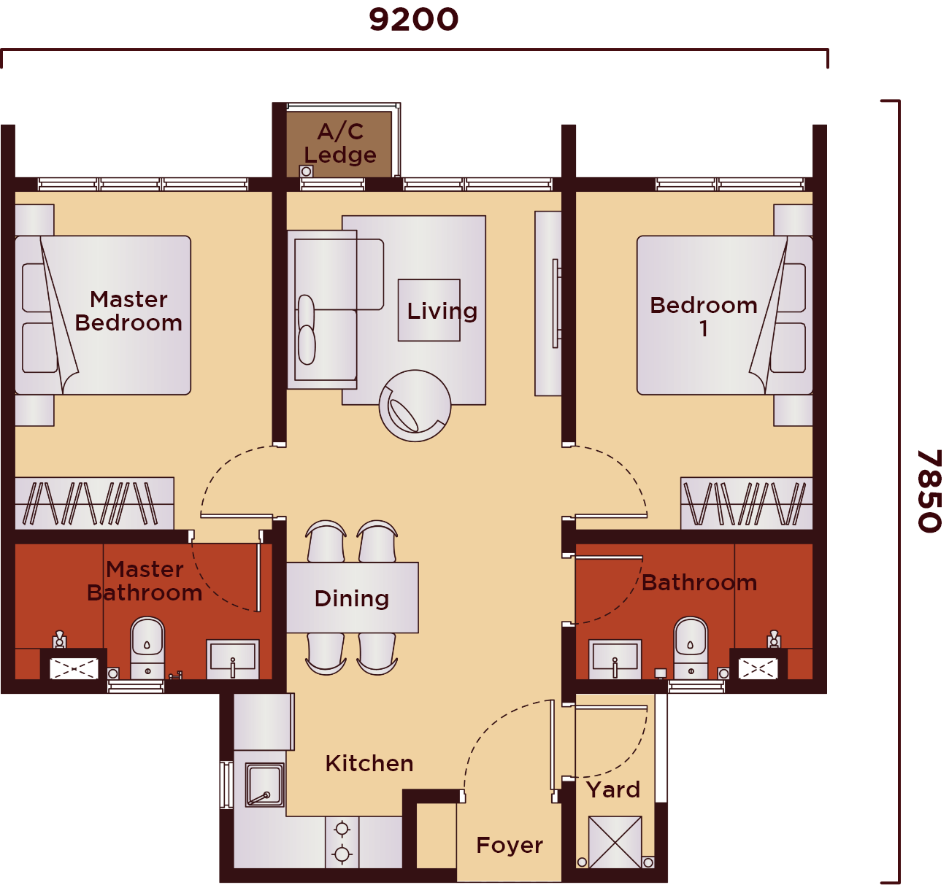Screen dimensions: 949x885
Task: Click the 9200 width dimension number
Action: [413, 20]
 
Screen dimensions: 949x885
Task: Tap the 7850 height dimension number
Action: [929, 490]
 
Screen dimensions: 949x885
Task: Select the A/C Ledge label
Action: [340, 143]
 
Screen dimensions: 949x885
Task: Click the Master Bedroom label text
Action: [128, 311]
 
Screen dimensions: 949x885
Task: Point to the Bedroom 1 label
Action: [704, 316]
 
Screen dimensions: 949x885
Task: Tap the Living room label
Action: [442, 312]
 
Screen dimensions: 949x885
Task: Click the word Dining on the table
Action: [352, 598]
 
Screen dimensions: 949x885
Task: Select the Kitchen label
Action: [369, 763]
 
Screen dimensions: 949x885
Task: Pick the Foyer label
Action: [510, 846]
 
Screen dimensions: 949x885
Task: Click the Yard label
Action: [613, 790]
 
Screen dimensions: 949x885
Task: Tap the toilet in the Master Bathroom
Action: [147, 648]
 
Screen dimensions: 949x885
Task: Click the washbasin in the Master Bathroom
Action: [233, 660]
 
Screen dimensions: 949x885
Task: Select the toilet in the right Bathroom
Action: [691, 648]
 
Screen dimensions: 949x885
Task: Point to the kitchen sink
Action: [265, 785]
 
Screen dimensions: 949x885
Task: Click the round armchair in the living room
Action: [415, 406]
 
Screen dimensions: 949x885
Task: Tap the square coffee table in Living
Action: [429, 310]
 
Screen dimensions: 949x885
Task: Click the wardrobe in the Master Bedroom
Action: [95, 503]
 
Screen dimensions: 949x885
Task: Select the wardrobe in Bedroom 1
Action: [746, 503]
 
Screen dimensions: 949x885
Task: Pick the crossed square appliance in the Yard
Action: [615, 843]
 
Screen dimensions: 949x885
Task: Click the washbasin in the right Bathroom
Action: [615, 660]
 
